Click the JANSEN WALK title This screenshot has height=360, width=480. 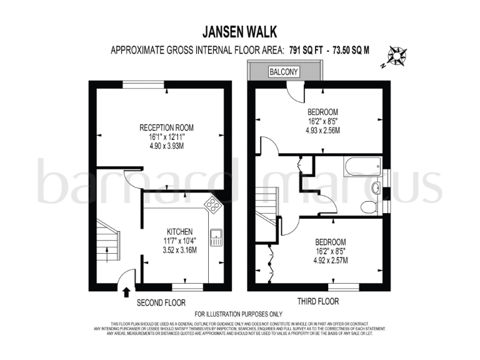pyautogui.click(x=240, y=31)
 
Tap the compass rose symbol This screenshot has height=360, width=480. pyautogui.click(x=396, y=56)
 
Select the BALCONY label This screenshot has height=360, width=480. pyautogui.click(x=284, y=72)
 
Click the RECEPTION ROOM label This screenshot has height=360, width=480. pyautogui.click(x=167, y=127)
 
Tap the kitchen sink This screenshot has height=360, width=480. pyautogui.click(x=217, y=237)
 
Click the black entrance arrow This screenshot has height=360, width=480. pyautogui.click(x=127, y=291)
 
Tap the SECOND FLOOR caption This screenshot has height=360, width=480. pyautogui.click(x=161, y=302)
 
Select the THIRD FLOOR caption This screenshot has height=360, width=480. pyautogui.click(x=318, y=301)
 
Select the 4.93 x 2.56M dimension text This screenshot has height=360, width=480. pyautogui.click(x=322, y=131)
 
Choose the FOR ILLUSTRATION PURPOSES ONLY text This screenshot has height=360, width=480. pyautogui.click(x=239, y=314)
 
